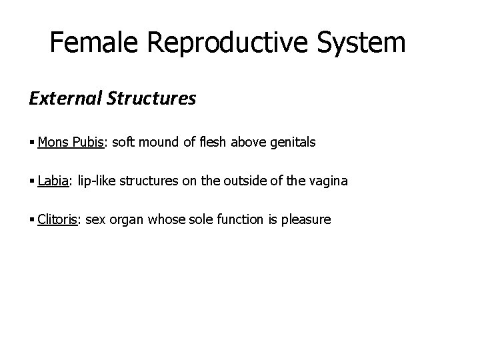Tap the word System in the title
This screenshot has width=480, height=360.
pyautogui.click(x=360, y=43)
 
